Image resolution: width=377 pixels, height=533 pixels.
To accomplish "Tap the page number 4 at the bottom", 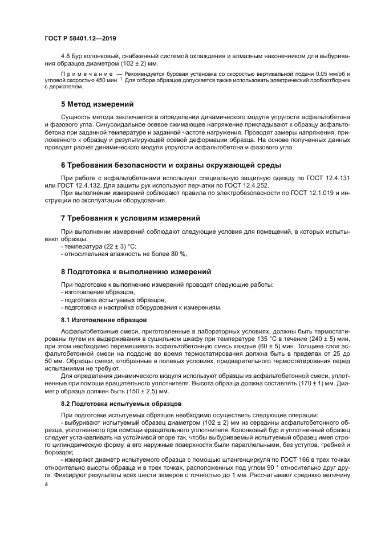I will [x=47, y=485].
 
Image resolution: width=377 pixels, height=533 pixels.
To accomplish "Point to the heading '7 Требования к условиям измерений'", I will [x=130, y=218].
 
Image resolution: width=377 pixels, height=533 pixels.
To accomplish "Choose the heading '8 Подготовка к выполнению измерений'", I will [x=136, y=271].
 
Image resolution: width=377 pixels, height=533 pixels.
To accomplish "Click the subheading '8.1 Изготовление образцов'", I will [x=96, y=320].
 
